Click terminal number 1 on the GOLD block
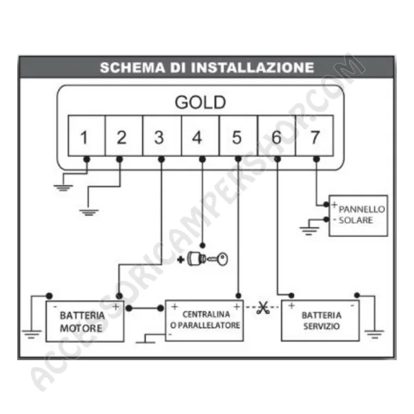click(x=87, y=135)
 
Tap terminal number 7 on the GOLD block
click(x=315, y=135)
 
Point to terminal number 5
click(x=238, y=135)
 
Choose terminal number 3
click(x=162, y=135)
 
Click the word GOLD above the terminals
click(x=200, y=102)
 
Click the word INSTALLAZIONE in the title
click(x=253, y=68)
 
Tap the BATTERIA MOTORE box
click(x=85, y=322)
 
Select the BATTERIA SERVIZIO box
click(x=320, y=321)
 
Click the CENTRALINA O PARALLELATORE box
click(x=204, y=321)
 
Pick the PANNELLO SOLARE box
click(x=358, y=216)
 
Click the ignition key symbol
click(x=208, y=259)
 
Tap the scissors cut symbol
click(x=263, y=308)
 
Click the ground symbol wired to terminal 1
click(x=63, y=188)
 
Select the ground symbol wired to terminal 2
click(x=89, y=213)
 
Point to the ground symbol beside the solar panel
click(x=309, y=231)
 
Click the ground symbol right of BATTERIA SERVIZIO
click(x=374, y=334)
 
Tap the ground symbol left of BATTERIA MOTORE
click(x=32, y=334)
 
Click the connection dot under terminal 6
click(x=277, y=159)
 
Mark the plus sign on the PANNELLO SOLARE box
click(x=335, y=204)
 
